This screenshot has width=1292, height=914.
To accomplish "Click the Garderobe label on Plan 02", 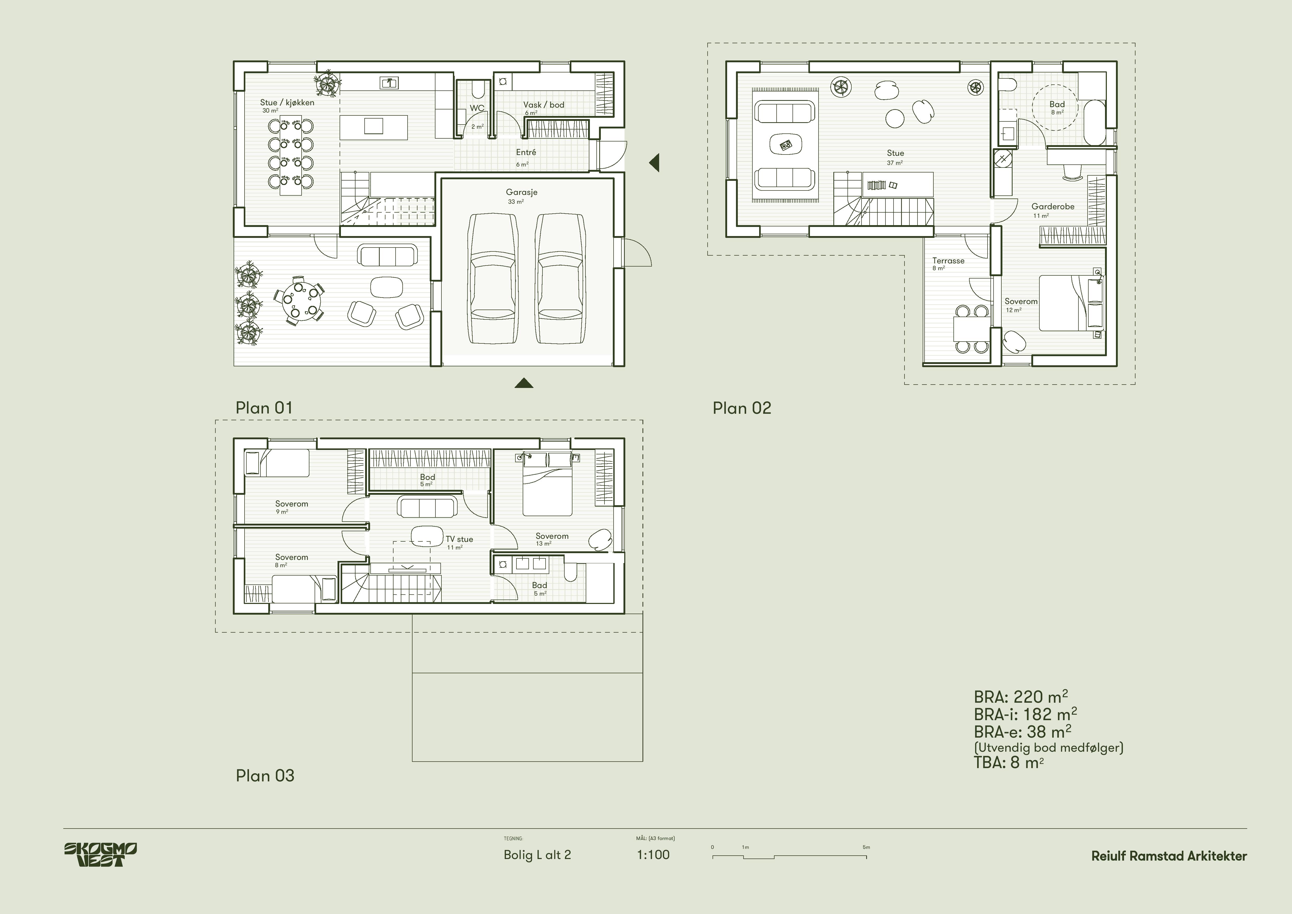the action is pyautogui.click(x=1053, y=207).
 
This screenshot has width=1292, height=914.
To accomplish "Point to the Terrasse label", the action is pyautogui.click(x=948, y=261).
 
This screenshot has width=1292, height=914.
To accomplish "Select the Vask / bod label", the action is pyautogui.click(x=544, y=105).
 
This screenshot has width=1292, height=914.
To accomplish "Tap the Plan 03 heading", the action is pyautogui.click(x=265, y=776).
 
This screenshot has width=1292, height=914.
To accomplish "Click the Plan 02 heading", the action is pyautogui.click(x=742, y=408).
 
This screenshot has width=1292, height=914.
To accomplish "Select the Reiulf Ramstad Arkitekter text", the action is pyautogui.click(x=1169, y=856).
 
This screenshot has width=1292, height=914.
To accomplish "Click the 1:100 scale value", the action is pyautogui.click(x=653, y=855).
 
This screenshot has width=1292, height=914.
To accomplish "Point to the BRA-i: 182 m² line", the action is pyautogui.click(x=1025, y=714).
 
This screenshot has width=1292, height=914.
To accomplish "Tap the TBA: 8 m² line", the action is pyautogui.click(x=1008, y=763).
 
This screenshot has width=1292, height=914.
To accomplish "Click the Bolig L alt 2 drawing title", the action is pyautogui.click(x=537, y=855).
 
